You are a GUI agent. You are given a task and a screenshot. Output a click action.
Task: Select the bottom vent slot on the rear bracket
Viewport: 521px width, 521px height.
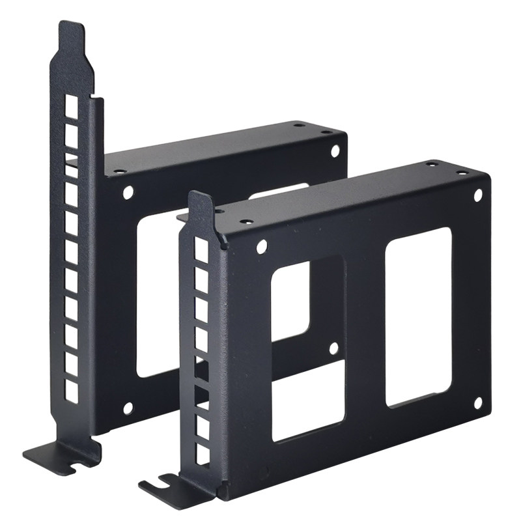tap(71, 391)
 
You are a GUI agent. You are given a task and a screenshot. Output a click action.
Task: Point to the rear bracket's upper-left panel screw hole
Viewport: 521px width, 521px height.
tap(128, 192)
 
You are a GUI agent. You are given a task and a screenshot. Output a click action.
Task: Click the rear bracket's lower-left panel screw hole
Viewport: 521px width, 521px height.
tap(128, 408)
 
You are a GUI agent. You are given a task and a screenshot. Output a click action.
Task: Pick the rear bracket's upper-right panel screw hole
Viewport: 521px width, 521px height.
tap(335, 151)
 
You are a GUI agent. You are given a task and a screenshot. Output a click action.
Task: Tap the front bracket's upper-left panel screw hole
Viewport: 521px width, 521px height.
tap(262, 247)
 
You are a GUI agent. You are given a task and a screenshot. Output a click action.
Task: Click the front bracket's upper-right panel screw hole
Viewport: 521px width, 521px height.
tap(477, 195)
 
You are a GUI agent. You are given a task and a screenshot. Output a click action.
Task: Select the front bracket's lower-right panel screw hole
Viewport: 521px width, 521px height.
tap(477, 403)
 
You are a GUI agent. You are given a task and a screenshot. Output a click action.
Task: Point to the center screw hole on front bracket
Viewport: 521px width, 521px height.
tap(333, 348)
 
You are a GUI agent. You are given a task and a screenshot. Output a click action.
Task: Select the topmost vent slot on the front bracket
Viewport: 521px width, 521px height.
tap(201, 251)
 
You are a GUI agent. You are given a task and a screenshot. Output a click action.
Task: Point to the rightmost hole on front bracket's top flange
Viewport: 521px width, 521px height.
tap(462, 173)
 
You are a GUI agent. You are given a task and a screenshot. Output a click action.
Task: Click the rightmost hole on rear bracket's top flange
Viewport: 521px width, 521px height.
tap(325, 132)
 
